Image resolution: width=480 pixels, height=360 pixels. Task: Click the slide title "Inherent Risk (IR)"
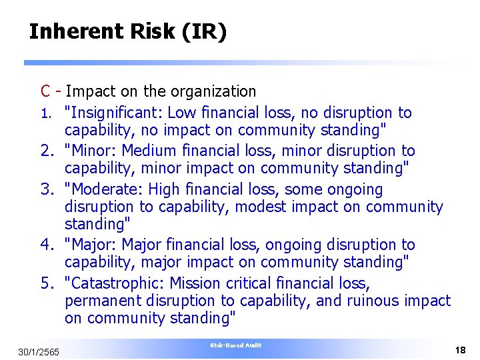click(128, 31)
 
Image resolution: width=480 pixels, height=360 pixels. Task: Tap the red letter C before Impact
click(45, 91)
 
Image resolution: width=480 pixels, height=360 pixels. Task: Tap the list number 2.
click(46, 151)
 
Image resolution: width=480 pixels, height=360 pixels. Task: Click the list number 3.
click(46, 189)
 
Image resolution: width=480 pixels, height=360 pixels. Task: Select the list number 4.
click(46, 245)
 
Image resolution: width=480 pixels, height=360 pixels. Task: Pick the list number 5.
click(46, 283)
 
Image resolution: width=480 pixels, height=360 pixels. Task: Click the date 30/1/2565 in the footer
click(39, 351)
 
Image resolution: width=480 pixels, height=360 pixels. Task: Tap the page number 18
click(460, 350)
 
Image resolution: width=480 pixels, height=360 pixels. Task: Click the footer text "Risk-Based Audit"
click(236, 345)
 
